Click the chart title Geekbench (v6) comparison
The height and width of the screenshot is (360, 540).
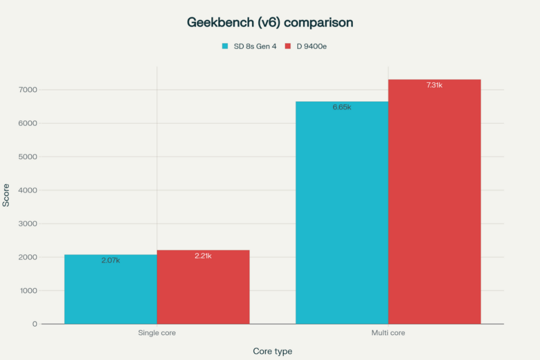[x=270, y=23]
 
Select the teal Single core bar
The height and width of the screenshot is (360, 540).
[x=111, y=293]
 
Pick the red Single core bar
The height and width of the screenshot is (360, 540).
[x=203, y=290]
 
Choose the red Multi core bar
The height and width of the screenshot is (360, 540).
[x=434, y=206]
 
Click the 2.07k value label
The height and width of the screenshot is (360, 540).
[x=111, y=260]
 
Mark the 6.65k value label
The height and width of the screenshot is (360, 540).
[x=342, y=107]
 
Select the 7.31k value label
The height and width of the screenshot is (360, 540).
[x=434, y=85]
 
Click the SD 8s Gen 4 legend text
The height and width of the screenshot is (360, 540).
[x=255, y=46]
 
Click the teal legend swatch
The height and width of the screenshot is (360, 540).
[x=225, y=46]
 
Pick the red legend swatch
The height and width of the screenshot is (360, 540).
[x=288, y=46]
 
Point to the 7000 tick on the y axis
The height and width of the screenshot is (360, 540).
[x=30, y=90]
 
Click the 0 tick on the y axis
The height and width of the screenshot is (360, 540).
[x=35, y=324]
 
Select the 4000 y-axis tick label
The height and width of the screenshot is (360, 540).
[x=30, y=190]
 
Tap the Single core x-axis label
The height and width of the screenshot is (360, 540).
[x=157, y=333]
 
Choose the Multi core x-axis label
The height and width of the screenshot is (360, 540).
[x=388, y=333]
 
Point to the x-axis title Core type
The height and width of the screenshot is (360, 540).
[x=272, y=351]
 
